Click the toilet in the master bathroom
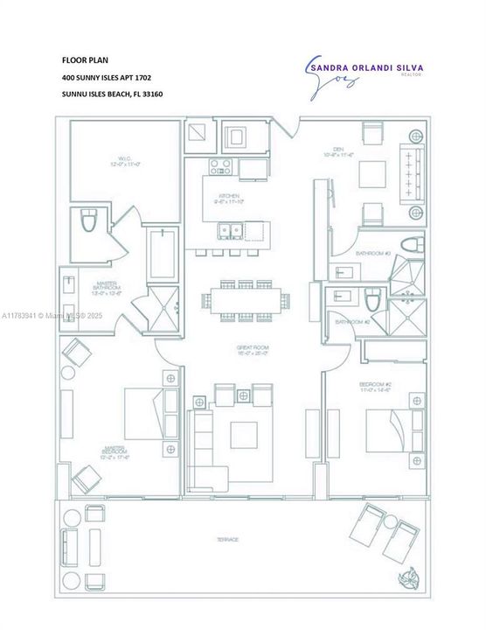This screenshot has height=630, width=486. (x=90, y=221)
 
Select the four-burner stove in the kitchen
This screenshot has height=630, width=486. (x=220, y=165)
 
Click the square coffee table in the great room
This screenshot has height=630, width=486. (x=244, y=434)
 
